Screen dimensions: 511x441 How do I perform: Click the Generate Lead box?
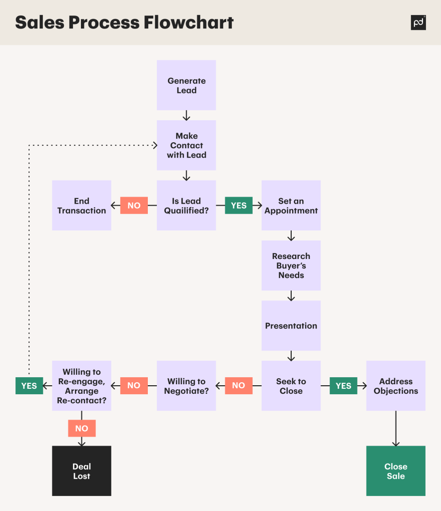(186, 85)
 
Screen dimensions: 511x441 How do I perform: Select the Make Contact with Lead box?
(186, 145)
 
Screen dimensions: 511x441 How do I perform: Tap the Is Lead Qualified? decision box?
(186, 206)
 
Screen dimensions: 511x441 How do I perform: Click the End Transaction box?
(81, 206)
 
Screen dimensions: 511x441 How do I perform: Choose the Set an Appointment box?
(291, 206)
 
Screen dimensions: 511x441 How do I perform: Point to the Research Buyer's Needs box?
(291, 265)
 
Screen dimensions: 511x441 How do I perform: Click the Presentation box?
(291, 325)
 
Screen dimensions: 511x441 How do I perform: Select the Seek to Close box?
(291, 386)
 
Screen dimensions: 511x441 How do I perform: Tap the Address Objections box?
(396, 386)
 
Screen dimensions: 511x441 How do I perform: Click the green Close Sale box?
(396, 471)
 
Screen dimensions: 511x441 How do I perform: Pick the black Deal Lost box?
(81, 471)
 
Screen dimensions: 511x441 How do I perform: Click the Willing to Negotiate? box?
(186, 386)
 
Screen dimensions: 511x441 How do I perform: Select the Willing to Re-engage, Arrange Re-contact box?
(81, 386)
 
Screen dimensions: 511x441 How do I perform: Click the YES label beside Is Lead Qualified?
(239, 206)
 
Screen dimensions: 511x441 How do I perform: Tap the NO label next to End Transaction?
(134, 206)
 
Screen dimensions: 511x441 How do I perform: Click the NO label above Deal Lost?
(81, 428)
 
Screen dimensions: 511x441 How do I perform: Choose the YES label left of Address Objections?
(344, 386)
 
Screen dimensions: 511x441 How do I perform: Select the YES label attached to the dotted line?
(29, 386)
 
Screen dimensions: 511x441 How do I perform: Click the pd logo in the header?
(418, 22)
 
